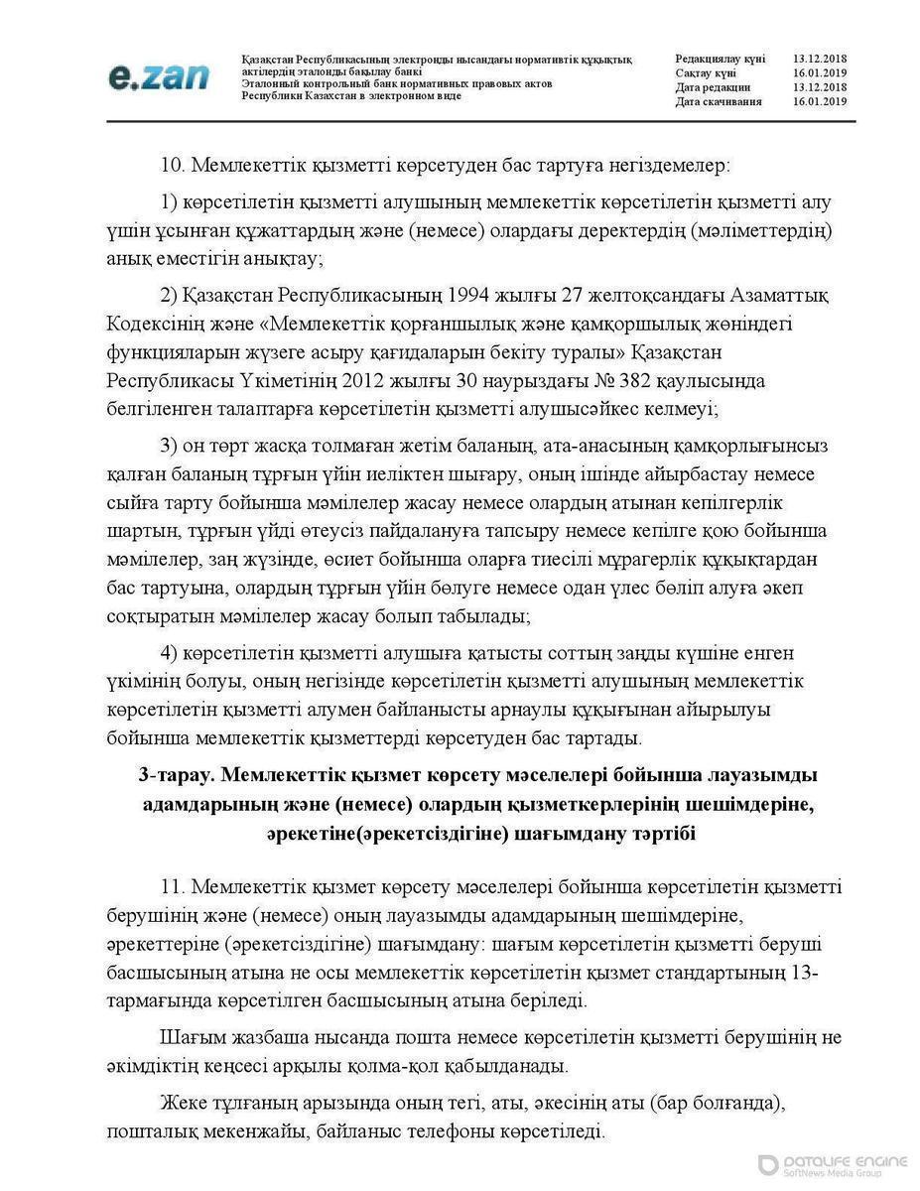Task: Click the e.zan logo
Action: point(160,76)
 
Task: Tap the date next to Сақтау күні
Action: point(820,73)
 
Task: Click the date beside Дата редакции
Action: point(820,87)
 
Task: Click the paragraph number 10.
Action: point(172,164)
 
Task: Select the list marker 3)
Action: point(168,443)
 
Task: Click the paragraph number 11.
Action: point(172,885)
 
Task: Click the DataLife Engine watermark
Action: point(833,1165)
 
